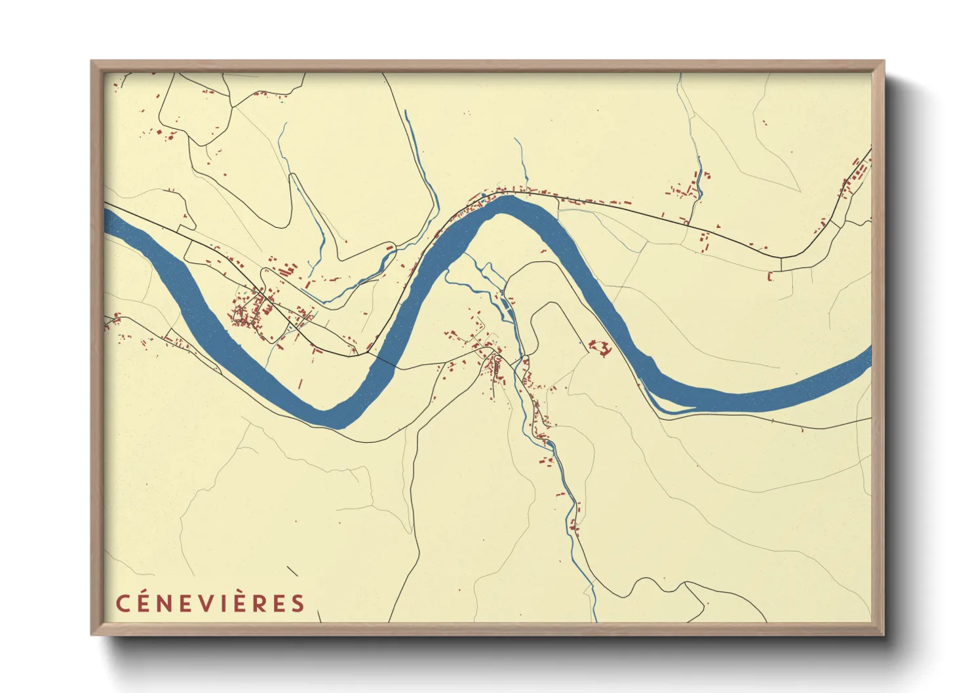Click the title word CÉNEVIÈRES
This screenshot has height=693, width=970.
point(210,603)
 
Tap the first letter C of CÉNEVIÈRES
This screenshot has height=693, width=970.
point(123,603)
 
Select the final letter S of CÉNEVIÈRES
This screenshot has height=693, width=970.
point(298,603)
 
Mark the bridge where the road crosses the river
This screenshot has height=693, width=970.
point(386,360)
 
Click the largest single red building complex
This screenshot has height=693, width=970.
point(600,347)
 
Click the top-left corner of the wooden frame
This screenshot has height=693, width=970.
point(92,62)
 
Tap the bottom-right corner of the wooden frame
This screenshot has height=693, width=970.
point(883,635)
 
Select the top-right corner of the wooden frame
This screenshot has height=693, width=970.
point(883,62)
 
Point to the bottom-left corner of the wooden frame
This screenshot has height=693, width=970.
point(92,635)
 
